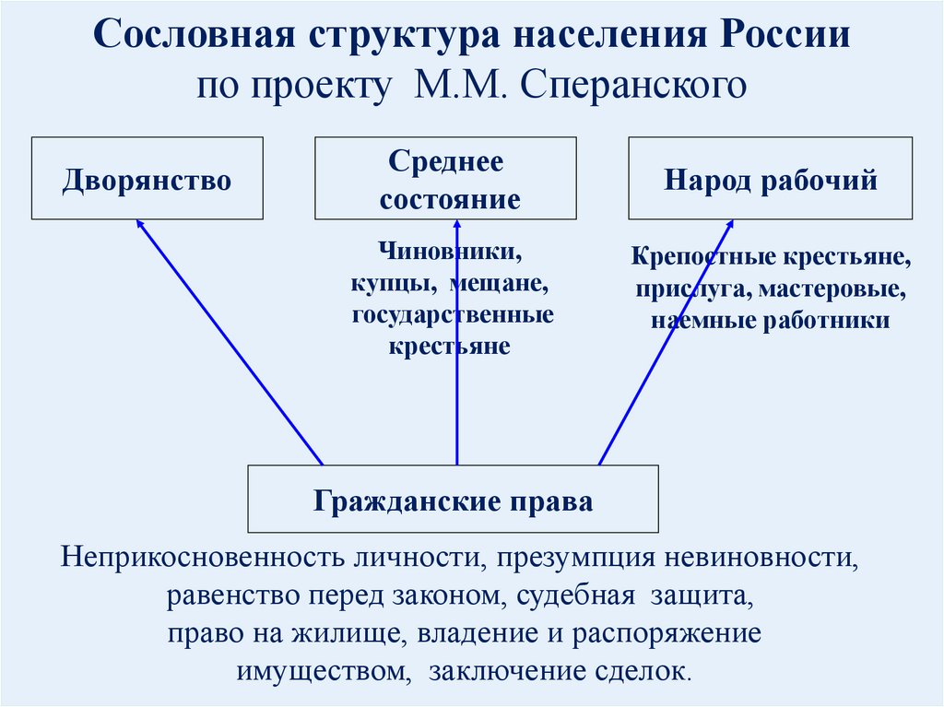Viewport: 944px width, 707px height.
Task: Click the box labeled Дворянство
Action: [x=147, y=179]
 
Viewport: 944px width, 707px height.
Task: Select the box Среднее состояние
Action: [x=447, y=179]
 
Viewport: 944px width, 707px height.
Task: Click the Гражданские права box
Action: [x=453, y=500]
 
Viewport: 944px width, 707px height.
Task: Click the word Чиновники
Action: [x=448, y=252]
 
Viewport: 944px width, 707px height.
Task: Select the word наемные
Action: [x=700, y=322]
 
